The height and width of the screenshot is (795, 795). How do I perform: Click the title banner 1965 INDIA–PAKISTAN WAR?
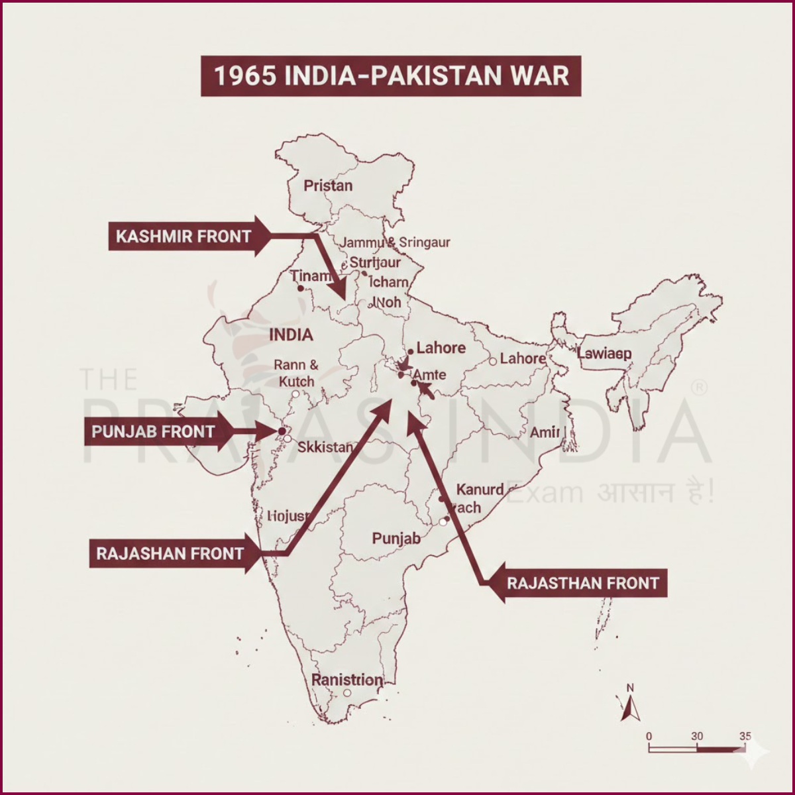tap(391, 76)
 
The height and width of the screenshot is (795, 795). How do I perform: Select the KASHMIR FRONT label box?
tap(182, 236)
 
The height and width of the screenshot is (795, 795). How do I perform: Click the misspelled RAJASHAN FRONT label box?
tap(169, 554)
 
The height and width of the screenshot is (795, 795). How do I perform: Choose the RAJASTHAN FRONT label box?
tap(582, 583)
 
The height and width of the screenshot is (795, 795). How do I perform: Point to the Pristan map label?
tap(328, 185)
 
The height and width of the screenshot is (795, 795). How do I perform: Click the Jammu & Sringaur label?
tap(395, 242)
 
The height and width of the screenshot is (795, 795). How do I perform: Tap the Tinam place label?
tap(311, 276)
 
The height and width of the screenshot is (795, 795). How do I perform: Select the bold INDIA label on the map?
tap(291, 335)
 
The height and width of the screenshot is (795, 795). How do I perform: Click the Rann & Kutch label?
tap(296, 373)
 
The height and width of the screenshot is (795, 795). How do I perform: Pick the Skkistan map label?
tap(325, 447)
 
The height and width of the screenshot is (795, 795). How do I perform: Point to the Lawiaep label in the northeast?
tap(604, 353)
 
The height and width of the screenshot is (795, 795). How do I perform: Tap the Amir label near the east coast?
tap(545, 433)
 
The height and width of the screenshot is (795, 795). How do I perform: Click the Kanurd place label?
tap(480, 490)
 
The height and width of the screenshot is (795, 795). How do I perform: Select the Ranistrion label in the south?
tap(347, 680)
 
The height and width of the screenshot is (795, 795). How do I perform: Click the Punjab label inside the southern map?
tap(396, 538)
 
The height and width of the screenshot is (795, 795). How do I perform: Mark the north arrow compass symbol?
tap(630, 704)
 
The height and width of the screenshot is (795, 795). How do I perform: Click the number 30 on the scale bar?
tap(697, 737)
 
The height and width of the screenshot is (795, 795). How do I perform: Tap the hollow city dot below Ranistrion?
tap(346, 693)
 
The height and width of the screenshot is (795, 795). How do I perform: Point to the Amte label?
tap(429, 375)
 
